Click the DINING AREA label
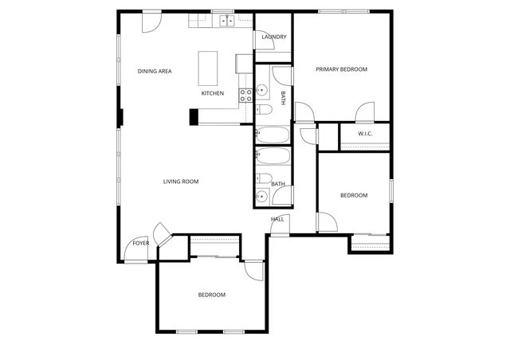(x=155, y=72)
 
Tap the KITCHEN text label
(x=212, y=93)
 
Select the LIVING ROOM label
(x=181, y=182)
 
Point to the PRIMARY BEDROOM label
(x=341, y=69)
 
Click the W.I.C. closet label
(x=365, y=134)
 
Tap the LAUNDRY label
(x=274, y=37)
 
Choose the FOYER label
(x=140, y=243)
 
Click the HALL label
(x=277, y=219)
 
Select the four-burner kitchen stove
(x=246, y=96)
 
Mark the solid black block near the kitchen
(x=194, y=116)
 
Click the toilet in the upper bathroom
(x=265, y=110)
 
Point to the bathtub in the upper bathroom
(x=273, y=134)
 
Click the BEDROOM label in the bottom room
(x=211, y=295)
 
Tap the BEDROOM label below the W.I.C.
(x=354, y=196)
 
